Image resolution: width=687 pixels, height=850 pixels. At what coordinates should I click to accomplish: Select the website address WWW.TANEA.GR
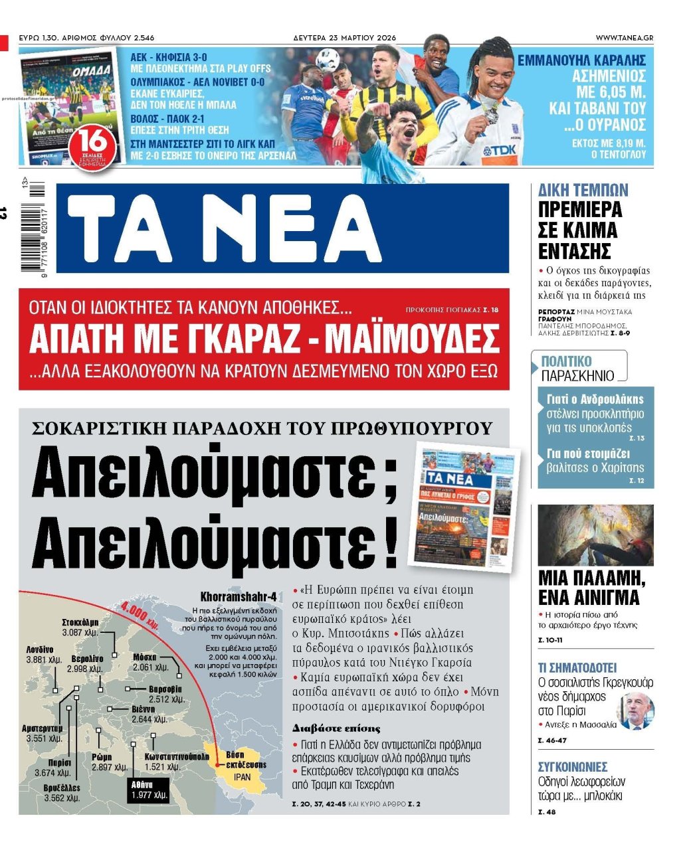624,38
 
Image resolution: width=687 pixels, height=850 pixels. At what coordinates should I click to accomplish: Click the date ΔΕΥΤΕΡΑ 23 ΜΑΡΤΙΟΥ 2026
344,38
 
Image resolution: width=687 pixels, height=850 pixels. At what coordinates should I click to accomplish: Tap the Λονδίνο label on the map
41,649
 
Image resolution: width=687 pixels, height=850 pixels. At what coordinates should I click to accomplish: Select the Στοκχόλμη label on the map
80,622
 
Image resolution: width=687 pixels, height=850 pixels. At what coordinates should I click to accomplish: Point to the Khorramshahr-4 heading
239,596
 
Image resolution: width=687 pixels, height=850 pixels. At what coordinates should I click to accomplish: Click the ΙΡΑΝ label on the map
243,776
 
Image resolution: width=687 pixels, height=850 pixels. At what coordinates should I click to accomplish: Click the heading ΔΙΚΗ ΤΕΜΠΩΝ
583,191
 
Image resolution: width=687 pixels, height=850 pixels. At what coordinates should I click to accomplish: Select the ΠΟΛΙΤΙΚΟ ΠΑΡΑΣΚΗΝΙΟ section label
578,369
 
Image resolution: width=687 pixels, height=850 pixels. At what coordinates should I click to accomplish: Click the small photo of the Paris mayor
635,710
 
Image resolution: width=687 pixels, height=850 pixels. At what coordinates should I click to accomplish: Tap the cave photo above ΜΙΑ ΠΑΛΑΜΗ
595,535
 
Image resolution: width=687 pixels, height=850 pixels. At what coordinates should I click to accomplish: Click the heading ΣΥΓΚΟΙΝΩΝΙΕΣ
573,767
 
